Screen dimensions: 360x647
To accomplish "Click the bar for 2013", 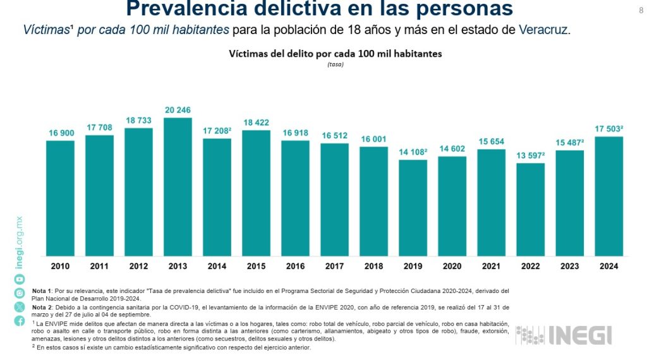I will (x=178, y=187).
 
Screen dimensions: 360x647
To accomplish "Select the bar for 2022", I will (x=530, y=210).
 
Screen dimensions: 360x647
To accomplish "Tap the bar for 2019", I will (x=413, y=208).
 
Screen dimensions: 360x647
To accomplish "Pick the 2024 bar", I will (x=608, y=196).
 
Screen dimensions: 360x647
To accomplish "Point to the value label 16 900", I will (x=61, y=133).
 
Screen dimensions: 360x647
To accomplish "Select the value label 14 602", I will (x=452, y=148).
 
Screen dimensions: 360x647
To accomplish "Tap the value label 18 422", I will (x=256, y=123).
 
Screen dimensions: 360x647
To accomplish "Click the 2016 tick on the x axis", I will (x=295, y=266).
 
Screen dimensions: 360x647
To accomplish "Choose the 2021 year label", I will (x=491, y=266).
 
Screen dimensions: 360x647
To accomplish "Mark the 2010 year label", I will (x=61, y=266).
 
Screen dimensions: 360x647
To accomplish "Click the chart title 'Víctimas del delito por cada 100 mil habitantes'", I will (x=335, y=54).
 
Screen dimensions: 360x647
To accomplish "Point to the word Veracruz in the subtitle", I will (x=544, y=30).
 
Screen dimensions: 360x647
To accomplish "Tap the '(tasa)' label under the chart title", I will (x=335, y=64).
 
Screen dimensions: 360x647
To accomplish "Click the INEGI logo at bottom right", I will (x=564, y=335).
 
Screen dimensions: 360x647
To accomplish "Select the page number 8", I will (x=640, y=9).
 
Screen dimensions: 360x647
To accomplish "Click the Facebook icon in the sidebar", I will (x=20, y=321).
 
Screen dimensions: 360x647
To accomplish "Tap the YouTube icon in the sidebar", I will (x=20, y=279).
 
